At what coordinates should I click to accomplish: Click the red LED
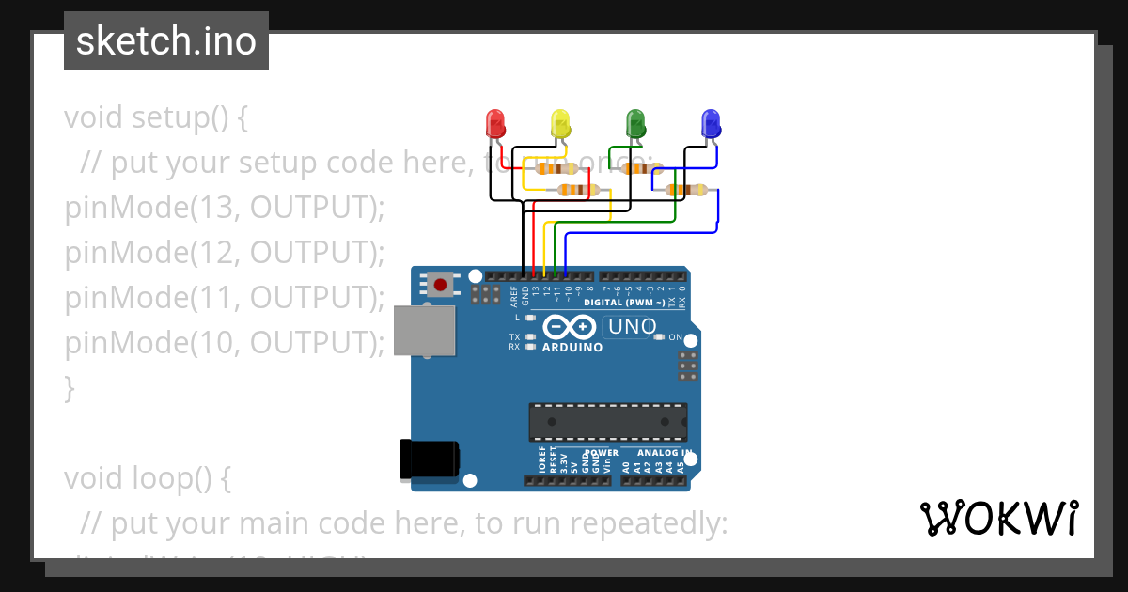[x=495, y=124]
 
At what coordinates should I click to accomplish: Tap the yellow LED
[x=560, y=124]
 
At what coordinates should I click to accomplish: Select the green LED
[x=635, y=124]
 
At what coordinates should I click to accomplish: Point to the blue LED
[x=711, y=124]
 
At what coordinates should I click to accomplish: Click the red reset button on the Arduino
[x=440, y=283]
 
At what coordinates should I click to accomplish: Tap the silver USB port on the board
[x=424, y=331]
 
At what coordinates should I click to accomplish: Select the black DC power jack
[x=429, y=459]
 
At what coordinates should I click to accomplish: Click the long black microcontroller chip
[x=607, y=422]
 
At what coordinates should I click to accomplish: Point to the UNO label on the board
[x=633, y=327]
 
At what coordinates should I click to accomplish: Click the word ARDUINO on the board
[x=572, y=347]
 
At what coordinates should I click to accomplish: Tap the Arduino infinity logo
[x=569, y=327]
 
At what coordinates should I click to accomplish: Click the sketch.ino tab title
[x=166, y=41]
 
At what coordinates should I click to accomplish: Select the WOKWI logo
[x=998, y=518]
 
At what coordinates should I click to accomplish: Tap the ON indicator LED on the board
[x=659, y=336]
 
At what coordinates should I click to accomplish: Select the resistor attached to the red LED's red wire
[x=556, y=169]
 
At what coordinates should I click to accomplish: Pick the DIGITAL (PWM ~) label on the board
[x=624, y=303]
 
